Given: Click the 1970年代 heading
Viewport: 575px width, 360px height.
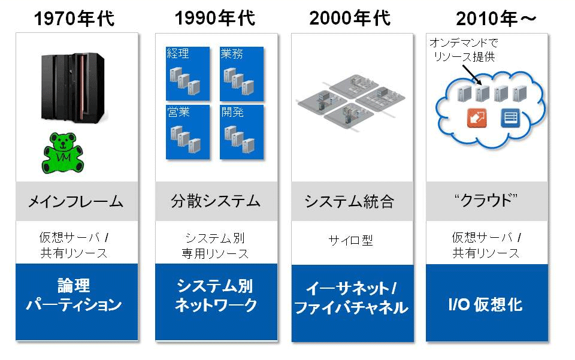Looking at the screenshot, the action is point(74,19).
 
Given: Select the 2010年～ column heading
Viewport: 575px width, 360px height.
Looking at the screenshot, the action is point(496,19).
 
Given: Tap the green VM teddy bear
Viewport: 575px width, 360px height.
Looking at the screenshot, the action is point(63,153).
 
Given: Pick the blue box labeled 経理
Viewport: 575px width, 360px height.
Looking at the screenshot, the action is point(187,73).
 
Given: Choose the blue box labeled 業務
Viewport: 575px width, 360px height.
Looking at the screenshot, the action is point(241,73).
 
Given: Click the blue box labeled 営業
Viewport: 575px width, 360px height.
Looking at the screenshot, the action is point(187,132).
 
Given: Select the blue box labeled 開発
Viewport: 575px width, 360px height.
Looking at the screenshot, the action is point(241,132).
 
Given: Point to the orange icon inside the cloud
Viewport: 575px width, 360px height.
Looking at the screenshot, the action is point(477,118).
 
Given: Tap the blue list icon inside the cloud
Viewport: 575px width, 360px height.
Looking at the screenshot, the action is point(510,118).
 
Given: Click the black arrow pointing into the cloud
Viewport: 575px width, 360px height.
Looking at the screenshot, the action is point(471,75).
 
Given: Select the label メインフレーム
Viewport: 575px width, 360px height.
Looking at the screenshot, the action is point(76,202).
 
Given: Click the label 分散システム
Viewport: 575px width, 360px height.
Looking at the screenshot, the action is point(216,201).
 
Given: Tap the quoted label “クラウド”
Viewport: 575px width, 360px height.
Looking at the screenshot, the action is point(486,201).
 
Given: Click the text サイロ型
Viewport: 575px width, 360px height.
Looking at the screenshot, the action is point(350,240).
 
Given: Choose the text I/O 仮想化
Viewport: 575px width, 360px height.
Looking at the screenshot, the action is point(486,304).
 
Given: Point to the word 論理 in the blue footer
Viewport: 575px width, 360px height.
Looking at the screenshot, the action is point(74,286).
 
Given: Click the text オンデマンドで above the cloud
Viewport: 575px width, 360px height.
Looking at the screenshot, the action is point(464,43).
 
